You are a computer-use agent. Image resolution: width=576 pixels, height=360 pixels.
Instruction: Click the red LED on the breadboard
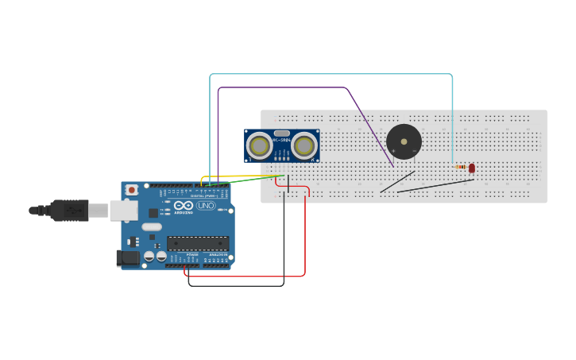tap(471, 168)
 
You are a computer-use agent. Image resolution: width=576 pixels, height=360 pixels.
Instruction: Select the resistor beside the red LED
tap(461, 167)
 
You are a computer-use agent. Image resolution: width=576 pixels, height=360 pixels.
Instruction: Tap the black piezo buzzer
tap(404, 141)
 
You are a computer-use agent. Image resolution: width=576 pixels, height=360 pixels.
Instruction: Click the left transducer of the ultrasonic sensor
tap(259, 145)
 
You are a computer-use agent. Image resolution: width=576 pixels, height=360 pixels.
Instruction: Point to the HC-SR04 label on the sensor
tap(281, 141)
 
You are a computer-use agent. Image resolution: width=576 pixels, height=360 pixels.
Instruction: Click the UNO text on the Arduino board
tap(206, 206)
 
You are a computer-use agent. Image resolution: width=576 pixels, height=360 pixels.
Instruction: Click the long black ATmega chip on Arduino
tap(197, 243)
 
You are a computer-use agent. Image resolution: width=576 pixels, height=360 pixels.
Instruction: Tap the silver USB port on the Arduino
tap(123, 210)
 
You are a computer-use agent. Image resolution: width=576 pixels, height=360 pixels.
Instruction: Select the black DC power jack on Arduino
tap(126, 257)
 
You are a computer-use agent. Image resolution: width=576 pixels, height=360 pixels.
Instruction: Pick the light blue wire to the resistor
tap(334, 74)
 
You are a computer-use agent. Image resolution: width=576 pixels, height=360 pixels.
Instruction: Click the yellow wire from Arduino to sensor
tap(238, 176)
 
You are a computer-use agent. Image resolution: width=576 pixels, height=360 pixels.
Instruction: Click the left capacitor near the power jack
tap(149, 256)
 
